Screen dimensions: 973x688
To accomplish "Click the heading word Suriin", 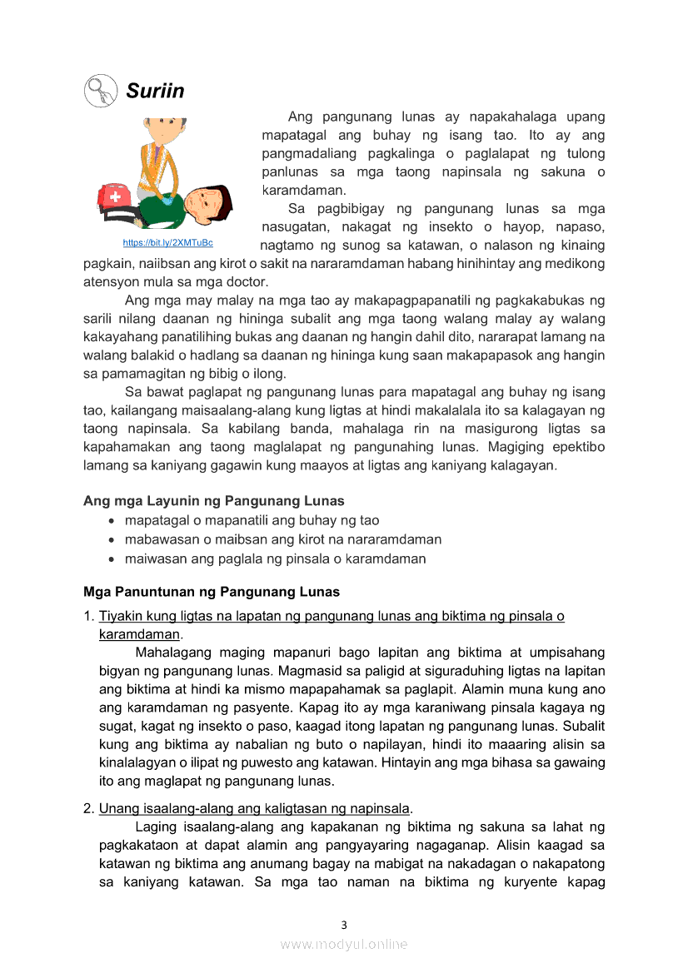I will coord(155,91).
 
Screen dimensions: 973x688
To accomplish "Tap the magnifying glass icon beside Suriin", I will coord(101,90).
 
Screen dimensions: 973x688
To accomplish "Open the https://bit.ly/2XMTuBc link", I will coord(167,242).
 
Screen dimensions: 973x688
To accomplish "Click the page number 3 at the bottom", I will coord(344,925).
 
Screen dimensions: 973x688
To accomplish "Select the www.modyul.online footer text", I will coord(344,944).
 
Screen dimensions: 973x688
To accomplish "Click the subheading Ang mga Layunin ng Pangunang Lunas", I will coord(213,501).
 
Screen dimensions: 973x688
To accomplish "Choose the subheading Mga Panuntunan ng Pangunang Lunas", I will coord(212,593).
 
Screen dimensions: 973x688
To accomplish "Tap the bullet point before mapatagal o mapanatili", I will coord(112,521).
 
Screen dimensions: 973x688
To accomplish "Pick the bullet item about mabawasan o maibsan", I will coord(282,539).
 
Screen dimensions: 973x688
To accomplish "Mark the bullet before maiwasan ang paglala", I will coord(112,559).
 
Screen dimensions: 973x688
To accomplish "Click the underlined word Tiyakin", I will coord(120,617).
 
